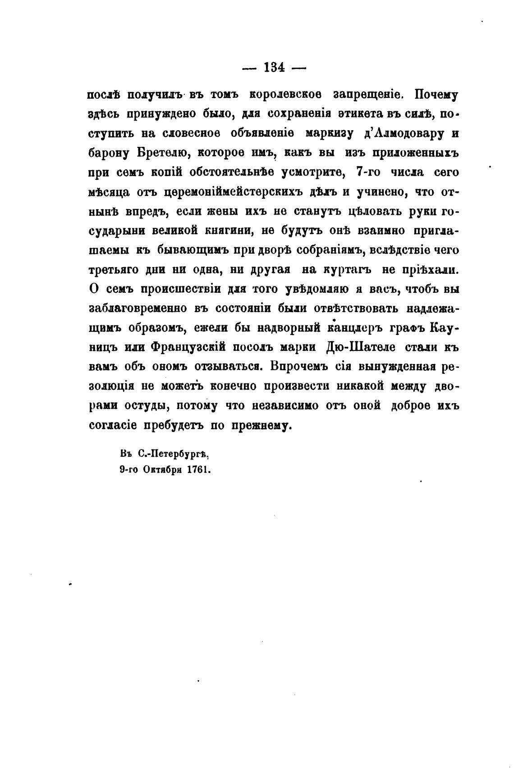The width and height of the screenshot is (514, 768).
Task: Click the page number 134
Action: pos(274,68)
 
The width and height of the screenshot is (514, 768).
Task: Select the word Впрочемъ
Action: pos(295,367)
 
